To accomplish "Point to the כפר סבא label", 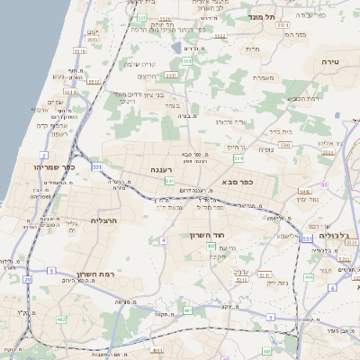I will pyautogui.click(x=236, y=181).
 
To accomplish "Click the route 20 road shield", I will pyautogui.click(x=28, y=280).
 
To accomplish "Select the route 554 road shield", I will pyautogui.click(x=238, y=158).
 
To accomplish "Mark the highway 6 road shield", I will pyautogui.click(x=332, y=288).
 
